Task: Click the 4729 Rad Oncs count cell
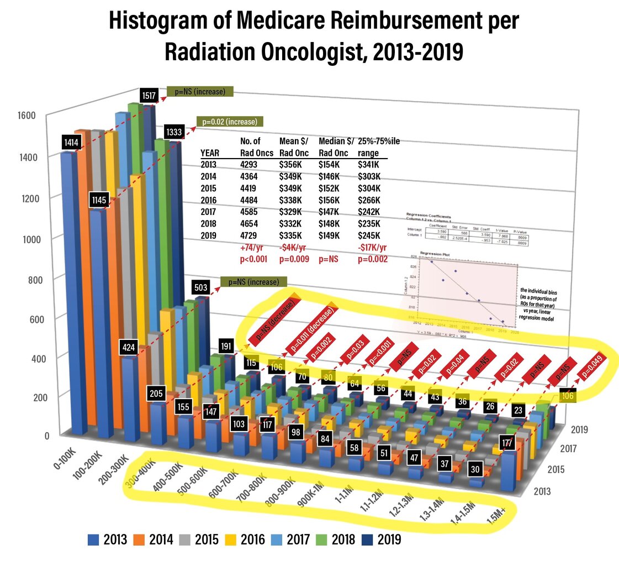click(x=251, y=235)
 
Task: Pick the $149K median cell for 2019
click(x=330, y=235)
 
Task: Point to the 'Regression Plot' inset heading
click(x=433, y=253)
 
